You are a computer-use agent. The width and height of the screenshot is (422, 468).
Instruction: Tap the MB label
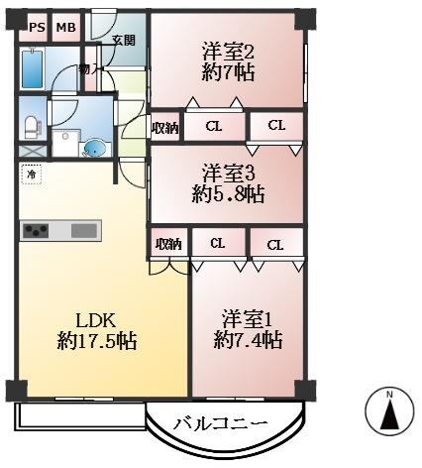64,27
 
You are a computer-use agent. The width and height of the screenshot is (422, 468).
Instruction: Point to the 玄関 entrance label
123,41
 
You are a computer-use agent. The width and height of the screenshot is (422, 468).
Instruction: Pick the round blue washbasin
94,149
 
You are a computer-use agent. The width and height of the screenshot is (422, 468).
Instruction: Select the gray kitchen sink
84,231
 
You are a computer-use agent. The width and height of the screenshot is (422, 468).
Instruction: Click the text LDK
97,320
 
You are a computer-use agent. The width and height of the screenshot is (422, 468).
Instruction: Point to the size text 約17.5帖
97,342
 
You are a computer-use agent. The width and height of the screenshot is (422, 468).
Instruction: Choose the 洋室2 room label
229,51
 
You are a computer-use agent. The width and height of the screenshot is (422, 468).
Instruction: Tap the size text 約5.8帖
229,194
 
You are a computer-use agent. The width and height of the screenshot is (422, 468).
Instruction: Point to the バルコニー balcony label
220,423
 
